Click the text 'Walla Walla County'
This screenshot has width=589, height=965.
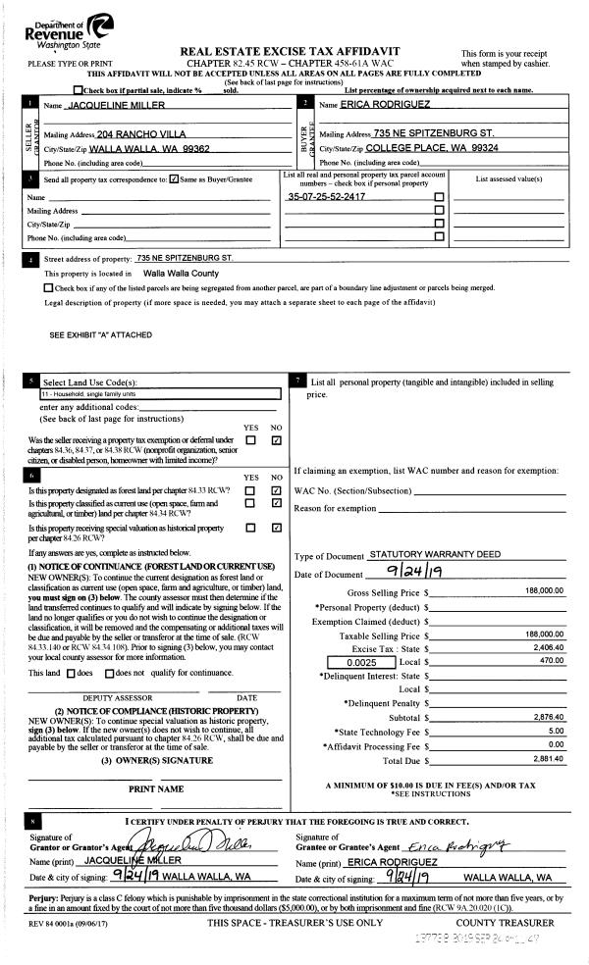[181, 274]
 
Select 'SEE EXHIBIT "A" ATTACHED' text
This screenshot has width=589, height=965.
[100, 335]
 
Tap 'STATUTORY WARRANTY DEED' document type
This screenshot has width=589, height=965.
[434, 554]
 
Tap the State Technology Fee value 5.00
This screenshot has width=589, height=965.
[557, 731]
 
